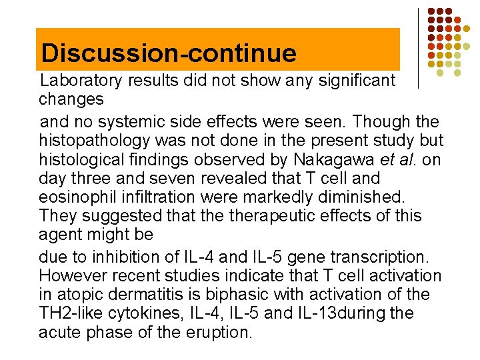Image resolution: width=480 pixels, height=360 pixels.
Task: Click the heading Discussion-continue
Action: (168, 53)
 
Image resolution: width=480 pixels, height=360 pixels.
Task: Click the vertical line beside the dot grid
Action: (418, 48)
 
